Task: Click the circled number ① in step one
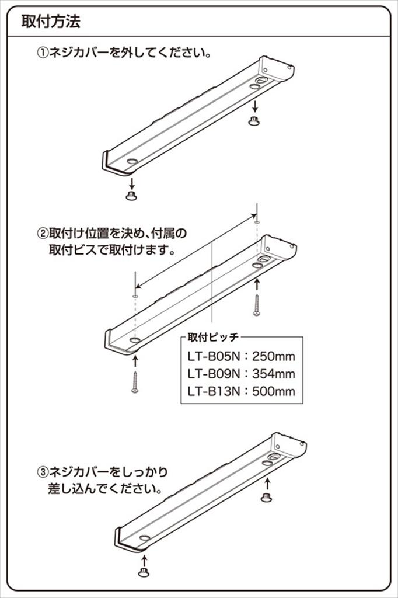coord(43,53)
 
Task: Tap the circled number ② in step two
coord(43,234)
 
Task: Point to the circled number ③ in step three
coord(43,471)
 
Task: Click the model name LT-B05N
coord(213,356)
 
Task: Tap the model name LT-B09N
coord(213,374)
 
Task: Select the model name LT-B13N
coord(213,391)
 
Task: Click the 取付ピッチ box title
coord(214,338)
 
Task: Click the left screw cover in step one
coord(131,195)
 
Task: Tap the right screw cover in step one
coord(254,120)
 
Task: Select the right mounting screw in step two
coord(256,305)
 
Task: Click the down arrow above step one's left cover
coord(131,180)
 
